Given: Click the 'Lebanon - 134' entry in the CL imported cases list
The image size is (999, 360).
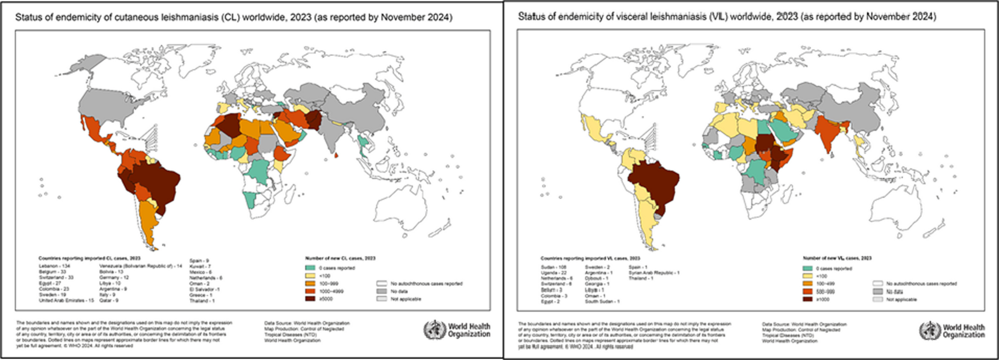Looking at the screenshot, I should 55,266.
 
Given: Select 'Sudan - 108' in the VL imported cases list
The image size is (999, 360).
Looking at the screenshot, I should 554,267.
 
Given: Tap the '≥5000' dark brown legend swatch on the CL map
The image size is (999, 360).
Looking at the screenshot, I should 310,299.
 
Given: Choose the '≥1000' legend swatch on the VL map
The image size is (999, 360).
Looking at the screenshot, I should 807,299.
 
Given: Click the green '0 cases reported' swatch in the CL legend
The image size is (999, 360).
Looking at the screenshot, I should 310,268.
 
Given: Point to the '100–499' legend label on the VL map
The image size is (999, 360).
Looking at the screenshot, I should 824,284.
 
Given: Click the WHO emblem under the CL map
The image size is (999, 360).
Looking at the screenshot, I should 434,330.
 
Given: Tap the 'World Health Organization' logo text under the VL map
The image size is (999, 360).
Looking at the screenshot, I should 964,331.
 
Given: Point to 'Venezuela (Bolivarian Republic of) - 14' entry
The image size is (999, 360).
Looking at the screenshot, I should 141,266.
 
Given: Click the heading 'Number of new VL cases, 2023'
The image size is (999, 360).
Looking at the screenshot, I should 837,258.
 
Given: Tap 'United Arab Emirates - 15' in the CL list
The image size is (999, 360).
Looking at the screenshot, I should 66,300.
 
